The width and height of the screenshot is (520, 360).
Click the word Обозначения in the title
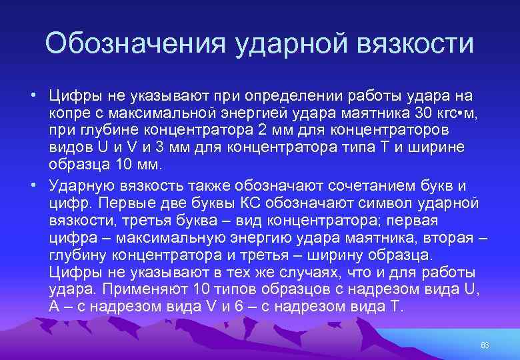[x=134, y=45]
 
